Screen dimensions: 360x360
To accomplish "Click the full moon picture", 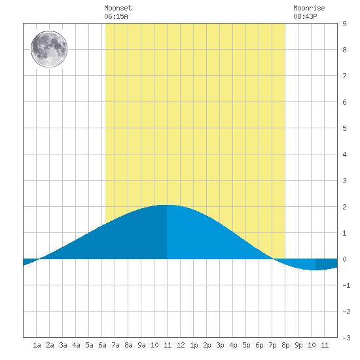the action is [49, 49].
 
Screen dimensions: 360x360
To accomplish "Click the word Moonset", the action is [118, 8].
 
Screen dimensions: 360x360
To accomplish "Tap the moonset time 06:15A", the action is [116, 16].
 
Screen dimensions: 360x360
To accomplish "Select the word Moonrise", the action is [309, 8].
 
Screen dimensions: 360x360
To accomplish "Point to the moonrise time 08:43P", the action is [305, 16].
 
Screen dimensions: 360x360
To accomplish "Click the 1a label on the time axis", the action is [37, 345].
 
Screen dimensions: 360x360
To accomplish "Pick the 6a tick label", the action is [102, 345].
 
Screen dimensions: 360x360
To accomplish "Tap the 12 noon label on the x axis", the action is [181, 345].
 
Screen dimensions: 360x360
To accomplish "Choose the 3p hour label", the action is [220, 345].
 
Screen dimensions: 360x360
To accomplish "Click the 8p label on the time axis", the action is [285, 345].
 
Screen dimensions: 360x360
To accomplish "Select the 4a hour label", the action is [76, 345].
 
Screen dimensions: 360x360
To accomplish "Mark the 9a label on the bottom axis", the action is [141, 345].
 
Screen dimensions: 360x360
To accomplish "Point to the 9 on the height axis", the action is [344, 24].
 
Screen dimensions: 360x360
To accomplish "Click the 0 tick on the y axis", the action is [344, 259].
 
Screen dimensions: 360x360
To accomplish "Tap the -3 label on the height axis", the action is [346, 338].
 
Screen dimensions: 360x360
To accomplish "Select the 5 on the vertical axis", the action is [344, 128].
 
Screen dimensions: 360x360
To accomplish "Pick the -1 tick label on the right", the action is [346, 285].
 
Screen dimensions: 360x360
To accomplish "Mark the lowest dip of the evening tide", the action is [316, 270].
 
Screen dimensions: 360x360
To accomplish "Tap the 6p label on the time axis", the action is [259, 345].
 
